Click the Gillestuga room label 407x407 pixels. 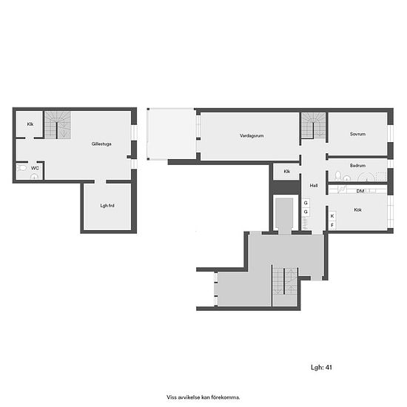(101, 144)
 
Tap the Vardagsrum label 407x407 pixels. (252, 135)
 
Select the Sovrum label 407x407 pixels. (357, 134)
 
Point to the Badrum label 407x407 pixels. (357, 165)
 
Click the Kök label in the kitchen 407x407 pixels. (357, 209)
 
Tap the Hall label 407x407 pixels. (314, 185)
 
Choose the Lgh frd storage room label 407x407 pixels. (107, 206)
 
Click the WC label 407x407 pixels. (35, 168)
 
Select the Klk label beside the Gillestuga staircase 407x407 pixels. (30, 124)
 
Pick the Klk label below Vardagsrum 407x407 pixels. (287, 172)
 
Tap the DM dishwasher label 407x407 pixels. (360, 191)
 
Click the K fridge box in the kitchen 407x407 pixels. (332, 216)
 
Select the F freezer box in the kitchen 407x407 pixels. (332, 225)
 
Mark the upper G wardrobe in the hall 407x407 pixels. (306, 203)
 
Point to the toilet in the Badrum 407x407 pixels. (338, 176)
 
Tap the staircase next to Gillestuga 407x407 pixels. (58, 125)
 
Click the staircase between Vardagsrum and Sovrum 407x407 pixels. (313, 125)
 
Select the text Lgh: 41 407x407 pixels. (321, 367)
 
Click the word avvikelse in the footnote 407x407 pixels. (187, 397)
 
